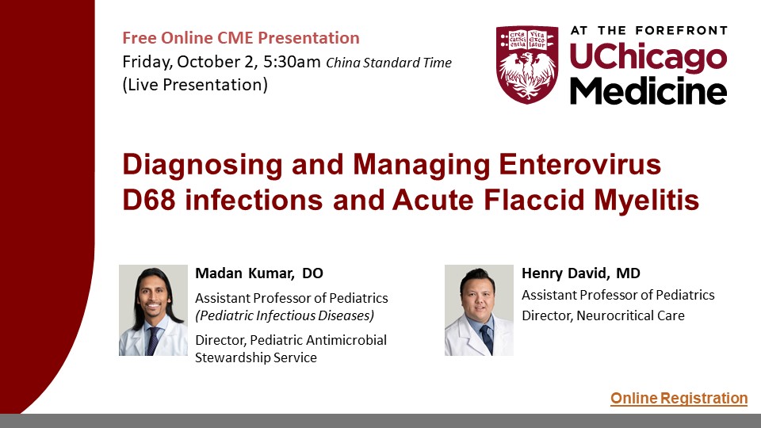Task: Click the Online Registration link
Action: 679,399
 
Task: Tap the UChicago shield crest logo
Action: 527,64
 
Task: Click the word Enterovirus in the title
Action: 580,164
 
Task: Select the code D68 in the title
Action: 148,200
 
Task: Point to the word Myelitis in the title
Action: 647,201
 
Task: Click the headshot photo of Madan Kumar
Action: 153,310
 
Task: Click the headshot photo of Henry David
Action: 479,310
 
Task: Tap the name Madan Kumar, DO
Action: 259,273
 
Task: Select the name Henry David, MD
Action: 581,273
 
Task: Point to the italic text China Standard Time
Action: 388,63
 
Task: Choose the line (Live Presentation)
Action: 195,85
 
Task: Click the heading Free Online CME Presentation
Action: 241,38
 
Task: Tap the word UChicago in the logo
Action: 648,57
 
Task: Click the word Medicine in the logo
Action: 648,90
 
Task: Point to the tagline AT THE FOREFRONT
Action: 649,31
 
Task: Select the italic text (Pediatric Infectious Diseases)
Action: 285,316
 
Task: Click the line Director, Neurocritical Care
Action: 603,316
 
